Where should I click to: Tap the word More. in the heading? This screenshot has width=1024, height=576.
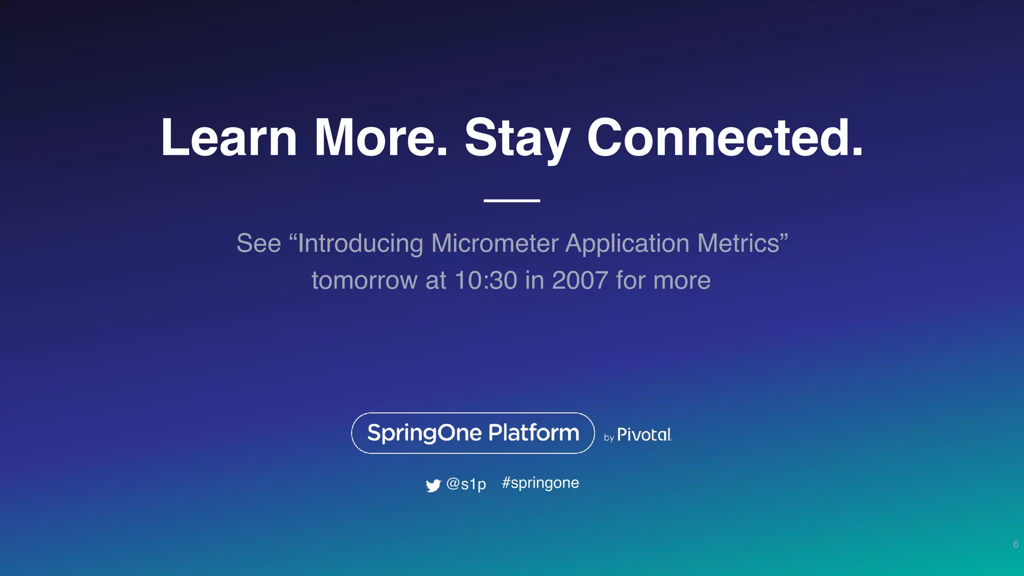click(380, 137)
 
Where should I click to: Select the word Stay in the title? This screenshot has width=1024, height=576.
click(517, 139)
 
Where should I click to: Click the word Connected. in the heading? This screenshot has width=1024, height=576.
click(724, 137)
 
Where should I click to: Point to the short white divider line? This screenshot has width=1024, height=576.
click(511, 200)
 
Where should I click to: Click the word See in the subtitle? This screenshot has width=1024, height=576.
click(258, 243)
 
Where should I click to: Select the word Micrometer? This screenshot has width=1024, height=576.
click(494, 243)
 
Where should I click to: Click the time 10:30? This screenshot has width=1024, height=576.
click(485, 280)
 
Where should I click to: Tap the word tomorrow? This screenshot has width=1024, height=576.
click(364, 281)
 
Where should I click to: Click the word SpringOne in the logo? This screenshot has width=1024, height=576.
click(424, 433)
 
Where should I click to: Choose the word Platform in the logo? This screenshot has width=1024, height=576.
click(533, 432)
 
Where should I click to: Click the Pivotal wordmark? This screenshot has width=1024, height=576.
click(644, 434)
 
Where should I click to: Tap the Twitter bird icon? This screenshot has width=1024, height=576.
click(433, 485)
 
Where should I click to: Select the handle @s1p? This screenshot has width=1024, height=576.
click(466, 484)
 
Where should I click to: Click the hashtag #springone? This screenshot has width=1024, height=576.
click(540, 483)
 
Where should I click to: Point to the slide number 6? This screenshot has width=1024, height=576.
click(1015, 544)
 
